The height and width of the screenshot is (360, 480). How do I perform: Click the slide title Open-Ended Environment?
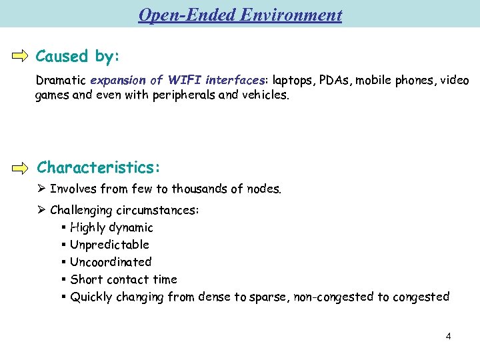click(240, 15)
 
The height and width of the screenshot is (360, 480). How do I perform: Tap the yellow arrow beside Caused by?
click(21, 56)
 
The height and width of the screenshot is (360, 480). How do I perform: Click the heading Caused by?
click(77, 56)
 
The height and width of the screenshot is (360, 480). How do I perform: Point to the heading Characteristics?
click(99, 166)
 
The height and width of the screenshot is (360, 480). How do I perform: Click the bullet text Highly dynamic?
click(111, 227)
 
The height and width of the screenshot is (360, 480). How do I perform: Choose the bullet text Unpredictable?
click(109, 245)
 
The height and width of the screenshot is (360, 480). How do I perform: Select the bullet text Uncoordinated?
click(111, 262)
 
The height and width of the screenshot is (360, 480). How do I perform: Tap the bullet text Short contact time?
click(123, 279)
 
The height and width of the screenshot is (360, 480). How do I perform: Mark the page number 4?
click(448, 336)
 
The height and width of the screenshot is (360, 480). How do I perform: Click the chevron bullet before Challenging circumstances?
click(41, 210)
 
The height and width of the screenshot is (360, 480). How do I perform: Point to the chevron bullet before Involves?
click(41, 189)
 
